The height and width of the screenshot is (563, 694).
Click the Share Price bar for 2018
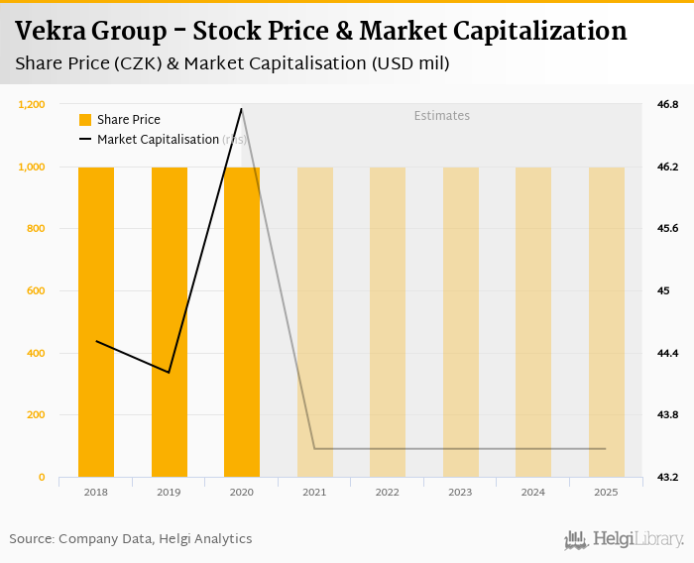[x=96, y=322]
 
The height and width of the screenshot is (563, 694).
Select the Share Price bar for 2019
[x=170, y=322]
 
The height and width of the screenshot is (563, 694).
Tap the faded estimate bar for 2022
[x=388, y=322]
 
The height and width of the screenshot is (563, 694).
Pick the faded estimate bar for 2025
[x=606, y=322]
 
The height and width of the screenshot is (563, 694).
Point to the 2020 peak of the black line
[x=242, y=109]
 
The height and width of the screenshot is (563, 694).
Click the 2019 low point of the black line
[x=170, y=373]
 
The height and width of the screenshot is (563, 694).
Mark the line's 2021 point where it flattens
[x=314, y=449]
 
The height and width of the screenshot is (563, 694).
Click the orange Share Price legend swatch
[x=85, y=120]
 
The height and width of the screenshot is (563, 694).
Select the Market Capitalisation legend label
[x=158, y=140]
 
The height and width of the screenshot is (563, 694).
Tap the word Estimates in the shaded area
[x=441, y=116]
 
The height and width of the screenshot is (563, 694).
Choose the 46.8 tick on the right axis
[x=667, y=104]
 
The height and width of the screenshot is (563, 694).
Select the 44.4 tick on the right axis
[x=667, y=353]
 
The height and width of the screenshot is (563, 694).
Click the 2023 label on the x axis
[x=460, y=493]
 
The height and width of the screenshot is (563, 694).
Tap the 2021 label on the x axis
[x=314, y=493]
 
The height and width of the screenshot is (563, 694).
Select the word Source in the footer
[x=31, y=539]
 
